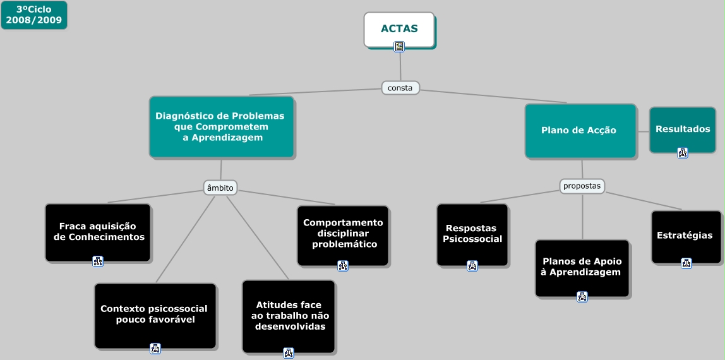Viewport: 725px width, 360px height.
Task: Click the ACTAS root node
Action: pyautogui.click(x=399, y=28)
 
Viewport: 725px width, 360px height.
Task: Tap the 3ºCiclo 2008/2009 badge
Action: pyautogui.click(x=34, y=15)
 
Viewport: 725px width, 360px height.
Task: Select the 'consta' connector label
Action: pyautogui.click(x=400, y=88)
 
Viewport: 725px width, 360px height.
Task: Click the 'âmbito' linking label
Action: pyautogui.click(x=220, y=188)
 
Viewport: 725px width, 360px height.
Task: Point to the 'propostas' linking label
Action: pyautogui.click(x=582, y=186)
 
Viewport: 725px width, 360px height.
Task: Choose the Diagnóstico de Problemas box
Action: pyautogui.click(x=221, y=126)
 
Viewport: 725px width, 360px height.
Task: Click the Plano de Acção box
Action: pyautogui.click(x=580, y=130)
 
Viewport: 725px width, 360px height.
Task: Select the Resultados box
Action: pyautogui.click(x=683, y=129)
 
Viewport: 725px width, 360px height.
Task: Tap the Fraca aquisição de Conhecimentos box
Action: pyautogui.click(x=99, y=231)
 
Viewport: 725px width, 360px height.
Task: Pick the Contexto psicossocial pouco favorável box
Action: pyautogui.click(x=155, y=314)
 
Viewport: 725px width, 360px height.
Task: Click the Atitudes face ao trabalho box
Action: pyautogui.click(x=289, y=315)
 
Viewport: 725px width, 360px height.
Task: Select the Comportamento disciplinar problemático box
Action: pyautogui.click(x=343, y=233)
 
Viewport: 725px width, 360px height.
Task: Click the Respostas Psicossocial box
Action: pyautogui.click(x=472, y=233)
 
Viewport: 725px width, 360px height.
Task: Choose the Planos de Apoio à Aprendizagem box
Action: pyautogui.click(x=582, y=267)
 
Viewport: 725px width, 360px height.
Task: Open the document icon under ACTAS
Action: pyautogui.click(x=399, y=46)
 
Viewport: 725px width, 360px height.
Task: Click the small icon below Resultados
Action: pyautogui.click(x=683, y=152)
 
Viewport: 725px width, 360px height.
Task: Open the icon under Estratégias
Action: pyautogui.click(x=686, y=263)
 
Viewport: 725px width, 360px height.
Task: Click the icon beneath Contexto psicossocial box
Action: pyautogui.click(x=155, y=348)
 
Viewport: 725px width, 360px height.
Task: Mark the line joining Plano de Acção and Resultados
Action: pyautogui.click(x=643, y=131)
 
